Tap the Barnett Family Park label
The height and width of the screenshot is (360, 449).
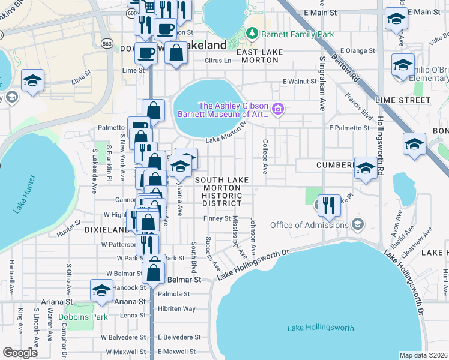[297, 34]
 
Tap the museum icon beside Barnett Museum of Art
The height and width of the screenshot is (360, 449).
[277, 109]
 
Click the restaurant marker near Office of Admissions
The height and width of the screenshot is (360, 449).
[328, 205]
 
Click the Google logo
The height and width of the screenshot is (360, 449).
[20, 353]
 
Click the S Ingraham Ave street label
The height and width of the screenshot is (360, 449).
[322, 83]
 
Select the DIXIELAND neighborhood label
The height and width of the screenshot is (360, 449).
[107, 229]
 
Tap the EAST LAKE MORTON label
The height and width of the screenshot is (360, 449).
[259, 53]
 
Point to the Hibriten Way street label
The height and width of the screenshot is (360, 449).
[176, 308]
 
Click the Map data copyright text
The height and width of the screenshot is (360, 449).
[424, 355]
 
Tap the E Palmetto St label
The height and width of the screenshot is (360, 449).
[349, 128]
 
